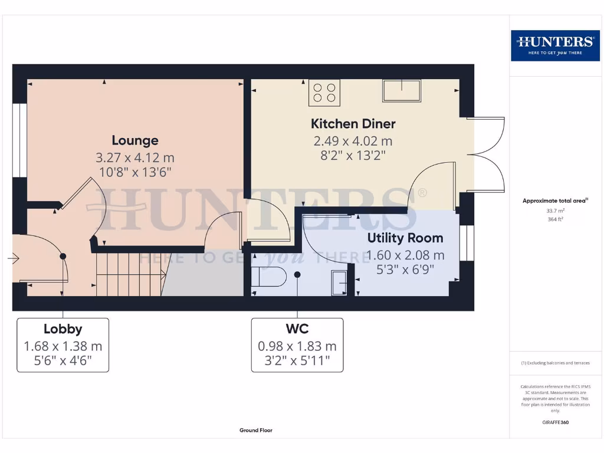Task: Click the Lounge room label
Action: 135,140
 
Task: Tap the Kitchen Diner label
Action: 353,124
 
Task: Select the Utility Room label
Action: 405,238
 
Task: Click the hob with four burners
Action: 324,93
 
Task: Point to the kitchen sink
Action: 401,90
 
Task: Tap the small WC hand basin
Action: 339,283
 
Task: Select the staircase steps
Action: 131,274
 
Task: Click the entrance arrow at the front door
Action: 14,258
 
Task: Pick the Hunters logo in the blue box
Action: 555,45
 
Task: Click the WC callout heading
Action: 297,329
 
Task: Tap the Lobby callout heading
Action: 63,329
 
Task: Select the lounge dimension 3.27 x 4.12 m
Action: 135,157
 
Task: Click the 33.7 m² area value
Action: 555,211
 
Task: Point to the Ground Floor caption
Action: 256,430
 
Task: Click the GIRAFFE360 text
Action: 555,422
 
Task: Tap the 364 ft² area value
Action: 555,219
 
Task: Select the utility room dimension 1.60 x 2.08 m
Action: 405,255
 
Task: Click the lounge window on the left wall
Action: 19,140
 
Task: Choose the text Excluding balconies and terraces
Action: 558,363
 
